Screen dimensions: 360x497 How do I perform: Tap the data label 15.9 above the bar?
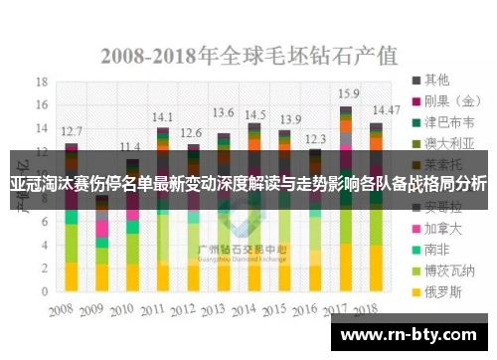point(348,92)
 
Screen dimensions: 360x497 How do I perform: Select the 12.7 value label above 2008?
point(72,130)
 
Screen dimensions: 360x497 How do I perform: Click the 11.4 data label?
point(130,146)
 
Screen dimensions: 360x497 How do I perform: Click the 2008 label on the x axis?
point(68,308)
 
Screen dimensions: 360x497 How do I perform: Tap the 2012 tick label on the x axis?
point(192,308)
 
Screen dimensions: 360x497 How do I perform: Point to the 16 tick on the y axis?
point(41,104)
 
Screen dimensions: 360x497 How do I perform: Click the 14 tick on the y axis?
point(41,127)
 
